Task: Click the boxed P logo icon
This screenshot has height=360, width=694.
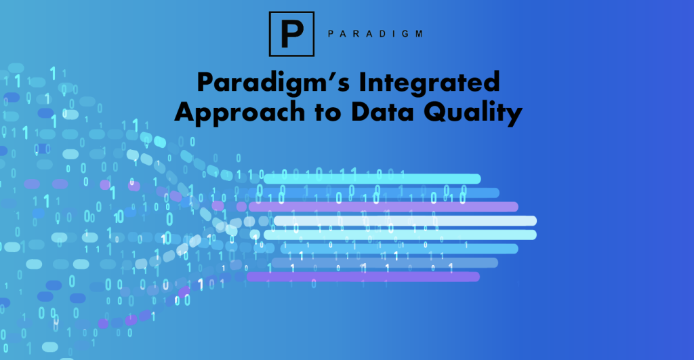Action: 291,34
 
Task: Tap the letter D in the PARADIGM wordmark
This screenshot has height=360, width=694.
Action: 382,34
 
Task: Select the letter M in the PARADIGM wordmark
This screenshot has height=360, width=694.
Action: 419,34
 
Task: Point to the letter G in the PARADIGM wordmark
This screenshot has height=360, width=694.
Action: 407,34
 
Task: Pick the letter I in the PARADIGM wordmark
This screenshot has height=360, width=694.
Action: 394,34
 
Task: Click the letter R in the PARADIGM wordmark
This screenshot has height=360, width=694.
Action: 356,34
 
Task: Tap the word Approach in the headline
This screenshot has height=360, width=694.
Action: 240,113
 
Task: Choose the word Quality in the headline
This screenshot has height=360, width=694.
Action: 473,113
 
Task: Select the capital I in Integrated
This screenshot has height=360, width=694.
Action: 363,82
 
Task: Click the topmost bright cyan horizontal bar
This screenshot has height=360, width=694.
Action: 372,179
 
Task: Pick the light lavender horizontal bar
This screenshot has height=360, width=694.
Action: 384,207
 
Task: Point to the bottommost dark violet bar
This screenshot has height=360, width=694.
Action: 363,277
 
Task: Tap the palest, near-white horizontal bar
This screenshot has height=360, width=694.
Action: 405,220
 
